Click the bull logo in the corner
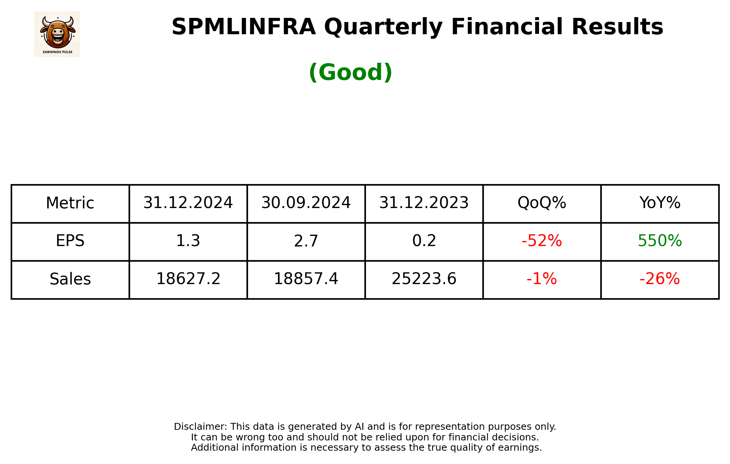[x=57, y=34]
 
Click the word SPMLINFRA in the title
[x=243, y=27]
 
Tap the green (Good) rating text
[x=350, y=72]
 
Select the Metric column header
[x=70, y=203]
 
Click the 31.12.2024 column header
[x=188, y=203]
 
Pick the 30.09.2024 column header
[x=306, y=203]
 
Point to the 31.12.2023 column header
[x=424, y=203]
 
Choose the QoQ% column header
[x=542, y=203]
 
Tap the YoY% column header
[x=660, y=203]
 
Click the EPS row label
[x=70, y=241]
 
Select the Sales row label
[x=70, y=279]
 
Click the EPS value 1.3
[x=188, y=241]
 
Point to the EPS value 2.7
[x=306, y=241]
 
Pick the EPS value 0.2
[x=424, y=241]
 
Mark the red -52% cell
[x=542, y=241]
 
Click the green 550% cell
[x=660, y=241]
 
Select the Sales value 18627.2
[x=188, y=279]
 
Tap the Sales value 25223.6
[x=424, y=279]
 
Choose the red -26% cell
[x=660, y=279]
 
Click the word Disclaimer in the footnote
[x=200, y=427]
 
